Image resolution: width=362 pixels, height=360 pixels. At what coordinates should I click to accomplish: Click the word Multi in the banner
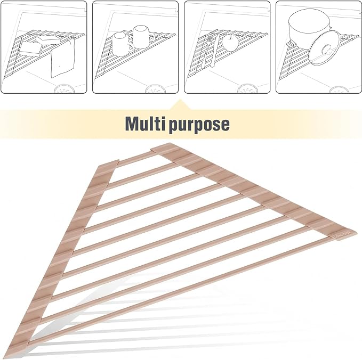(x=145, y=124)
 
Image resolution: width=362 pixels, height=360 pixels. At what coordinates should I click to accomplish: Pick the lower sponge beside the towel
(x=31, y=50)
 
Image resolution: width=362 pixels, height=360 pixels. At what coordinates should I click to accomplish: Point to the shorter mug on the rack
(x=120, y=43)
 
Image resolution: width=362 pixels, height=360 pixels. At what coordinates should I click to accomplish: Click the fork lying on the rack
(x=206, y=51)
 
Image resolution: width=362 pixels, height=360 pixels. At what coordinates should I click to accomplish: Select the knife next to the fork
(x=215, y=50)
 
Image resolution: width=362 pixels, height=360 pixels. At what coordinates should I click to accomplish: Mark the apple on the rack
(x=230, y=42)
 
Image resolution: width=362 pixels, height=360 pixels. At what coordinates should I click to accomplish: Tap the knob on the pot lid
(x=327, y=50)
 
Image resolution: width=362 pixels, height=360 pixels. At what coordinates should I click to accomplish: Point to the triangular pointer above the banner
(x=180, y=104)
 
